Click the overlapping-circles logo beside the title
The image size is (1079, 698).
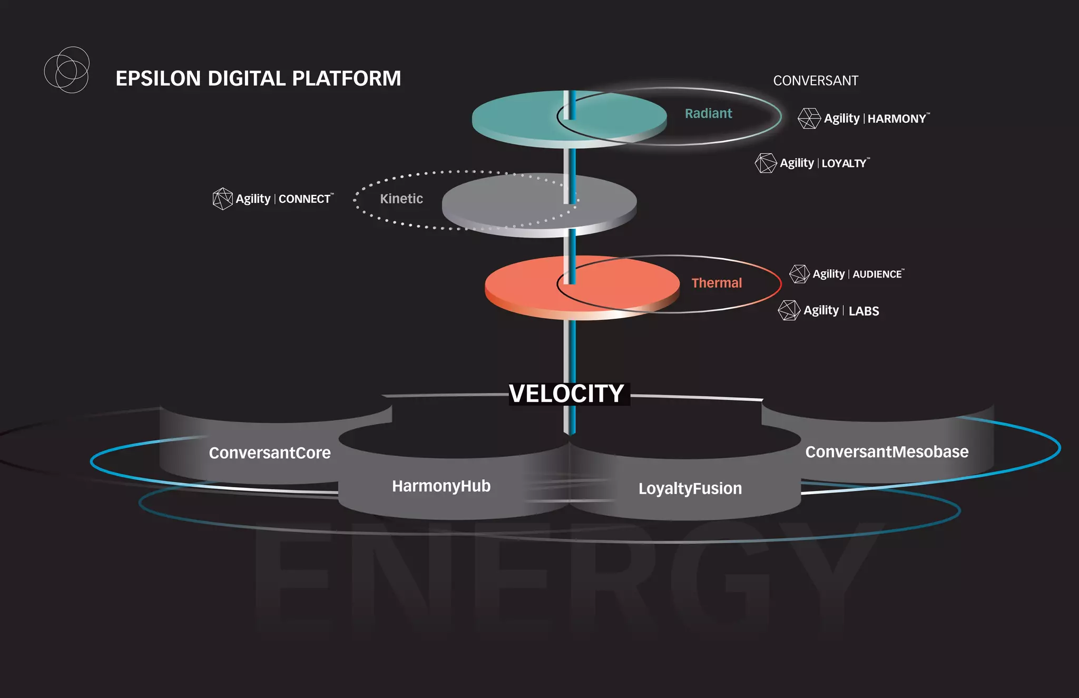coord(66,70)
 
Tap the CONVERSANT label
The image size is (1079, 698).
coord(816,81)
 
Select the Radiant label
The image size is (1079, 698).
coord(708,113)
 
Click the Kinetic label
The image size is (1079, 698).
coord(401,199)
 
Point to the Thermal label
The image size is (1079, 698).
coord(717,283)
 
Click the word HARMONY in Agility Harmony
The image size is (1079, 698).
coord(897,119)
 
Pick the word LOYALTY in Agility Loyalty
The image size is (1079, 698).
coord(844,163)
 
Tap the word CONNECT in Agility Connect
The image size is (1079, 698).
coord(305,199)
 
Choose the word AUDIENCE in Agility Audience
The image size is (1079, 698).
coord(877,274)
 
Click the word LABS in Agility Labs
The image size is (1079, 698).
coord(864,311)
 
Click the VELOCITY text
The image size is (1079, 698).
coord(567,394)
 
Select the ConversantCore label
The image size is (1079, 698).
coord(270,453)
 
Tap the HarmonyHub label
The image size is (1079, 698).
coord(441,486)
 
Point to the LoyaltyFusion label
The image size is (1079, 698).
coord(690,488)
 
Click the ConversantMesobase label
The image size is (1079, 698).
coord(887,451)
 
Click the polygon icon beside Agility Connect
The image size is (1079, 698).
coord(222,199)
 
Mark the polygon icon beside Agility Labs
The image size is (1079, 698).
coord(789,310)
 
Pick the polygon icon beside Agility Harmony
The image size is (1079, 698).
coord(809,119)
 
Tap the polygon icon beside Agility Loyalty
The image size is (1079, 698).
coord(766,163)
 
